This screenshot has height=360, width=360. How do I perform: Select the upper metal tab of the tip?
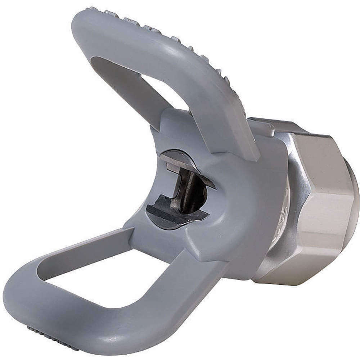[x=180, y=162]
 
